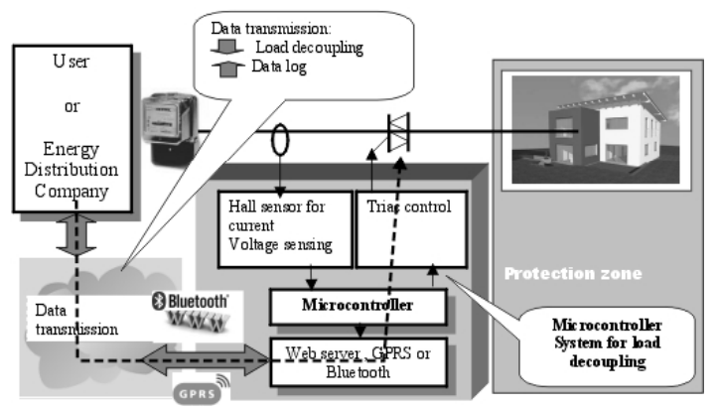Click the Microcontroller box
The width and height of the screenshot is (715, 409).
(357, 305)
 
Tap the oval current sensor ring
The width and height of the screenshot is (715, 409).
(281, 137)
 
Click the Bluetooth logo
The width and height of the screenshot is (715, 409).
(191, 299)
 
